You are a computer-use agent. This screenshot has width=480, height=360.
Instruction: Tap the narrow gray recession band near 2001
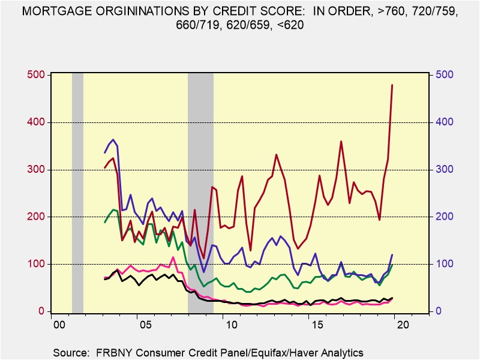click(x=77, y=192)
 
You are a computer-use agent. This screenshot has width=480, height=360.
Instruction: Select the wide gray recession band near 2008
click(x=200, y=192)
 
